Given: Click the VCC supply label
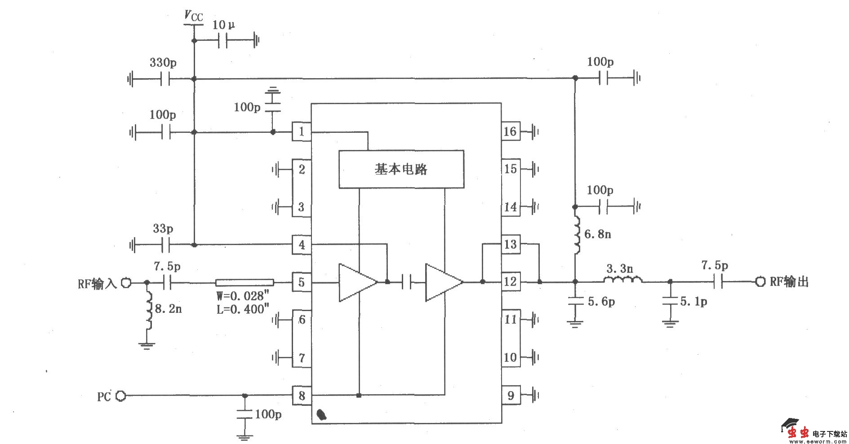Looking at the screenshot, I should [194, 17].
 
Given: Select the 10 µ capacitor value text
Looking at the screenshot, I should [223, 25].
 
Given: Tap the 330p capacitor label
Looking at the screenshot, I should [163, 62].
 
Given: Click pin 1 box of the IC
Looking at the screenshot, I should [302, 132].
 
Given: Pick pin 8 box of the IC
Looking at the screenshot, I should [302, 396].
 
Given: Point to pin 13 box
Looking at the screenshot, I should [511, 245].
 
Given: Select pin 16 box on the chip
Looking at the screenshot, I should [511, 132].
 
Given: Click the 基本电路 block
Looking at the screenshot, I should [401, 169].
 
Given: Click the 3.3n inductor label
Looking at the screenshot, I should [619, 269].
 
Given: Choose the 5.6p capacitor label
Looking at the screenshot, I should [601, 302].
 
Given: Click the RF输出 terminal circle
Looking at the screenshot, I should [760, 282].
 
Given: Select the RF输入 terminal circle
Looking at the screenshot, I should [126, 283].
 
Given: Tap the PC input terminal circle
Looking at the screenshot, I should [120, 396].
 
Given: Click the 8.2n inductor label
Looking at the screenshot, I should [168, 309].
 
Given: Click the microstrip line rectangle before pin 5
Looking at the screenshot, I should [244, 282].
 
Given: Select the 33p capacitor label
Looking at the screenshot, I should [163, 229].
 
